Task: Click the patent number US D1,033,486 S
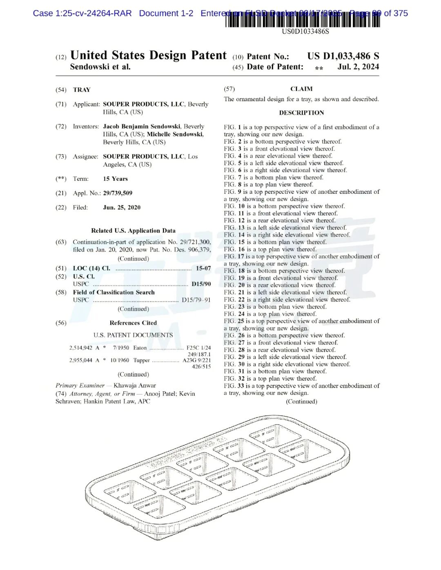coord(343,56)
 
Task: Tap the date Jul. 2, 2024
coord(358,67)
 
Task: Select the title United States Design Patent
coord(148,55)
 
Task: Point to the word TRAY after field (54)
coord(82,90)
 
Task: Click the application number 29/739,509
coord(118,193)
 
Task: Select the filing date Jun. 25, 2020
coord(122,207)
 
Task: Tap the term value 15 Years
coord(115,179)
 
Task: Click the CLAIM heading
coord(301,89)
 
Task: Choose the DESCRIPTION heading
coord(301,113)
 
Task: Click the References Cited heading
coord(133,323)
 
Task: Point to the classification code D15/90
coord(201,284)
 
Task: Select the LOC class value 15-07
coord(203,268)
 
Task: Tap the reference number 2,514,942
coord(81,348)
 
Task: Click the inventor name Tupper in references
coord(142,360)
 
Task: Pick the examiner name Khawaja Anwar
coord(135,385)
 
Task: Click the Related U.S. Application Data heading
coord(133,231)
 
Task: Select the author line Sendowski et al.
coord(100,67)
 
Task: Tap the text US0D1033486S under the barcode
coord(305,31)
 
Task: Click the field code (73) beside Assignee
coord(61,157)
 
